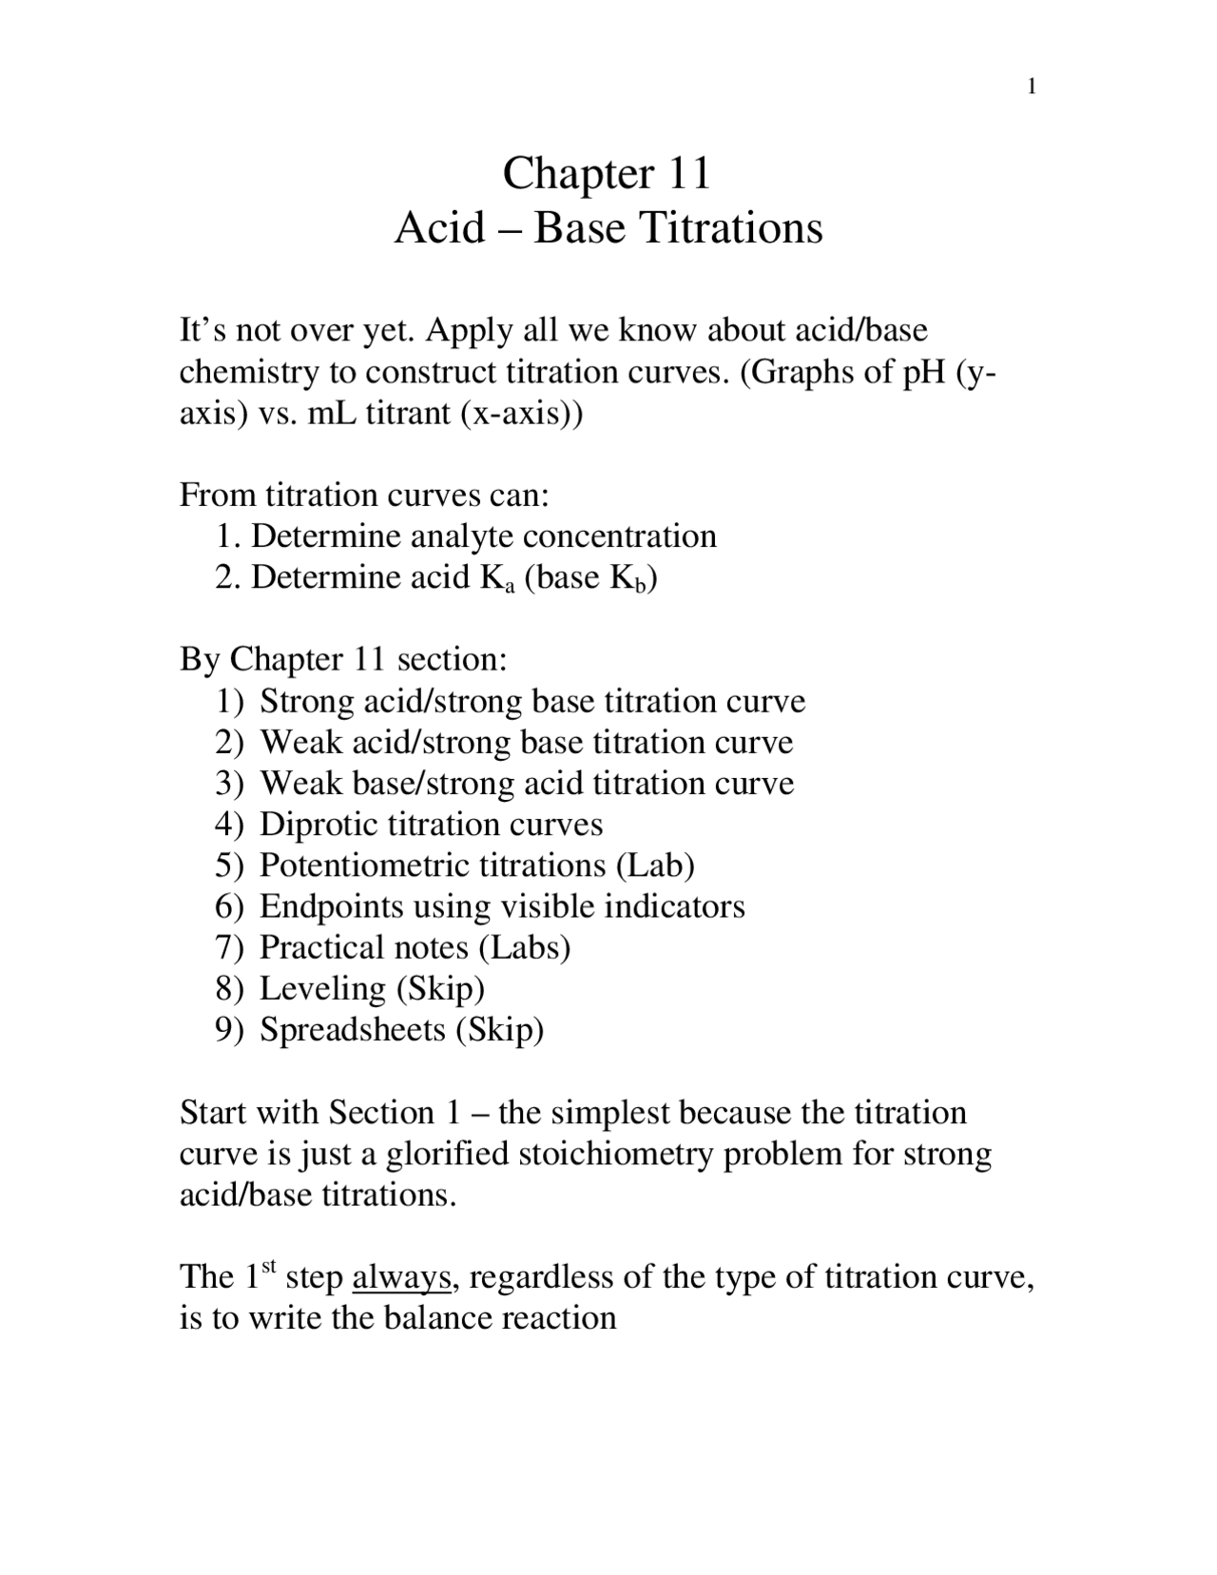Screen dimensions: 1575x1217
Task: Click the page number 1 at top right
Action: click(1032, 88)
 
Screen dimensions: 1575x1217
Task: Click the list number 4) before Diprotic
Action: click(229, 825)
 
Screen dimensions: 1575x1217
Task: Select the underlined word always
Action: click(401, 1277)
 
